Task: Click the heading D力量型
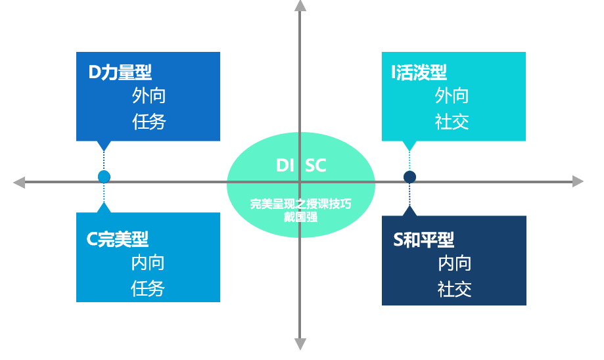coord(120,72)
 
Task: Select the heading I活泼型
coord(419,72)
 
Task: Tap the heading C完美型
coord(118,239)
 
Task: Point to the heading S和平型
coord(424,240)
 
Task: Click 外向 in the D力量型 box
coord(149,95)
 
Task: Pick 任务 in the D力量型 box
coord(149,122)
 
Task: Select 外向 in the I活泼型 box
coord(452,95)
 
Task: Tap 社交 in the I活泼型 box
coord(452,122)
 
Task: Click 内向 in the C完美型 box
coord(147,263)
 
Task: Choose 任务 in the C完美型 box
coord(147,288)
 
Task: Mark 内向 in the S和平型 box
coord(455,263)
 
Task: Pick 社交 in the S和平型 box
coord(455,289)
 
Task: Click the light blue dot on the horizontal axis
coord(104,177)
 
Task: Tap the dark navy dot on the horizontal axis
coord(409,177)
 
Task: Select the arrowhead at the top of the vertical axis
coord(300,6)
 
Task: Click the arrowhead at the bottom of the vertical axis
coord(300,344)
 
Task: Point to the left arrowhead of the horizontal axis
coord(19,182)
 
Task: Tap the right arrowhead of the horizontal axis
coord(578,181)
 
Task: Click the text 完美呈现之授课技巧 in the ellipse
coord(300,204)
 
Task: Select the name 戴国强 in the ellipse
coord(300,217)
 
